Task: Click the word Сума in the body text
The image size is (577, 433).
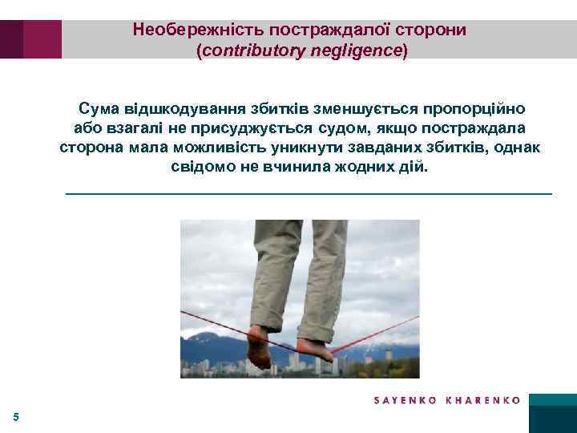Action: pos(97,108)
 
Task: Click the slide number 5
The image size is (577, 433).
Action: pos(16,416)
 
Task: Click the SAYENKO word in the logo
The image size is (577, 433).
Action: pos(406,400)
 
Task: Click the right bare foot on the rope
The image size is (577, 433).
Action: pos(315,349)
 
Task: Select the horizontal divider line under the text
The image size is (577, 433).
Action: pos(308,194)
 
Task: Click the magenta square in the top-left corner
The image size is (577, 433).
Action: pos(42,39)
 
